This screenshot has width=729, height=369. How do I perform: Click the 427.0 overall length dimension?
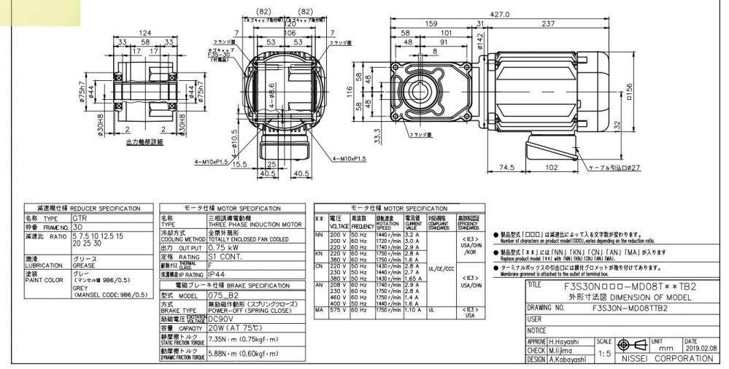519,14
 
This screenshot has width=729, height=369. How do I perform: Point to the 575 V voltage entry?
338,309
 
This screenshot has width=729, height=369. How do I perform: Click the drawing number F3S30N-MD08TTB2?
625,308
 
